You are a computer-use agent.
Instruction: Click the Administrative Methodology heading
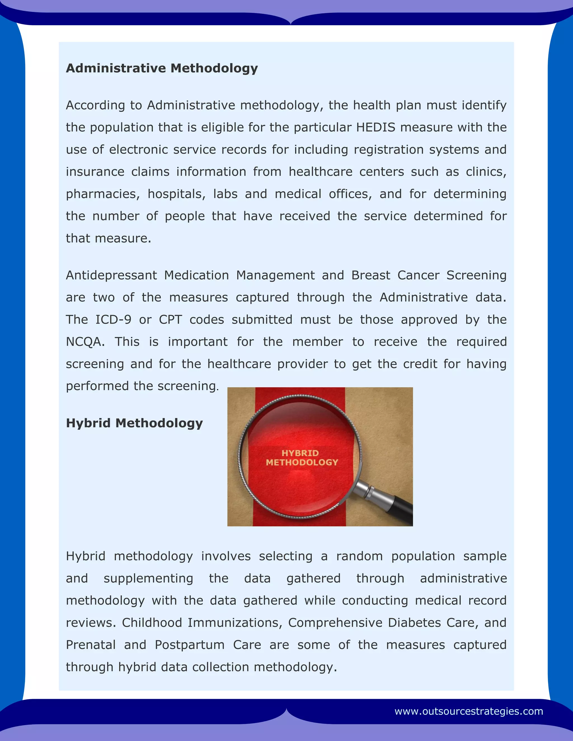click(162, 68)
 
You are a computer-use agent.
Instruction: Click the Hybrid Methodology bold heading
click(134, 423)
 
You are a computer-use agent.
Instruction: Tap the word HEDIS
click(376, 127)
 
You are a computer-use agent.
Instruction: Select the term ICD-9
click(113, 320)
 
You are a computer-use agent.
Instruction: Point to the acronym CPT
click(170, 320)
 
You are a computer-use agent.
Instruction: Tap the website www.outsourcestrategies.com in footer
click(468, 711)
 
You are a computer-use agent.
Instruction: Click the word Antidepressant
click(111, 275)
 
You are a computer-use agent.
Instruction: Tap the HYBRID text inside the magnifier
click(300, 453)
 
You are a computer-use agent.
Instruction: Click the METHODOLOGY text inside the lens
click(302, 462)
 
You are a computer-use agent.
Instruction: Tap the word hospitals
click(177, 194)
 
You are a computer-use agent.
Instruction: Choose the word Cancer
click(418, 275)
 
